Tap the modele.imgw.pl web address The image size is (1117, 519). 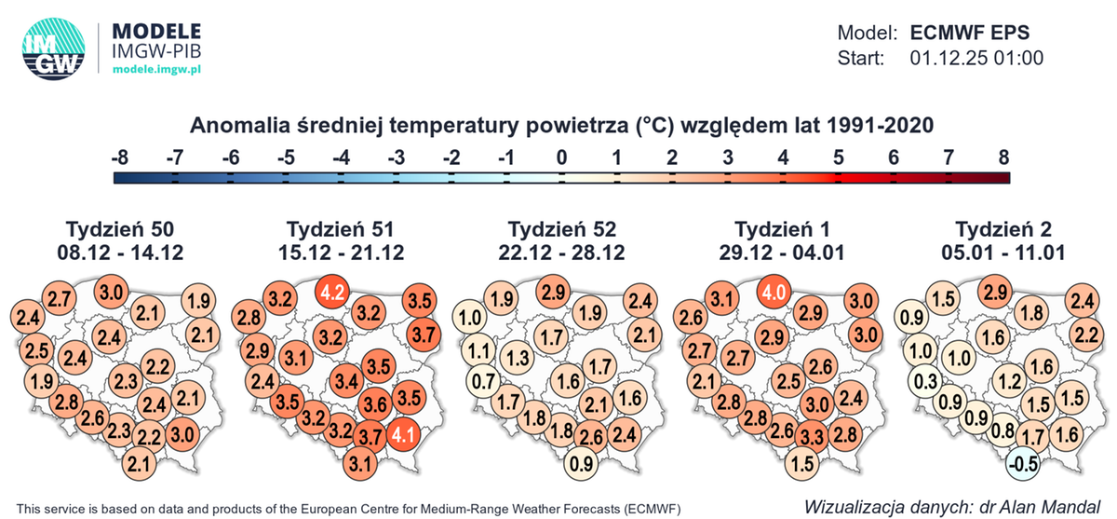click(x=159, y=70)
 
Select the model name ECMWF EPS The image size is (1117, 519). click(x=971, y=33)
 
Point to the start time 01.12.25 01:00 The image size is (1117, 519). click(x=976, y=58)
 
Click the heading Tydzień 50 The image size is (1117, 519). click(x=120, y=229)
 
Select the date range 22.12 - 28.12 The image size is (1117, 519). click(x=562, y=252)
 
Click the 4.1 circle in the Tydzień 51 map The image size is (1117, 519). click(x=403, y=434)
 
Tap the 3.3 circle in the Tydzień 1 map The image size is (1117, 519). click(x=812, y=435)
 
